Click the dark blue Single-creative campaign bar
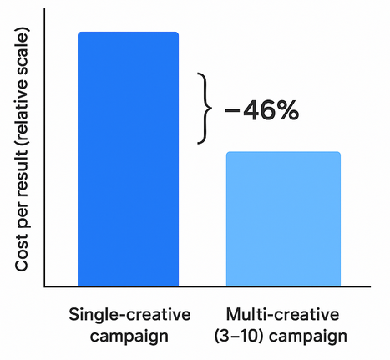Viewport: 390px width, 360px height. [x=128, y=159]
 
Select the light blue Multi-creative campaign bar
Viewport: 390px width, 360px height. [x=283, y=219]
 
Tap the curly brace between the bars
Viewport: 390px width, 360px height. [x=201, y=109]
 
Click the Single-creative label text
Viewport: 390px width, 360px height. [x=129, y=316]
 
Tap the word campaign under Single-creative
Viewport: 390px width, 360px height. [x=129, y=337]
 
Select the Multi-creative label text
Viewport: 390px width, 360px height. [x=284, y=316]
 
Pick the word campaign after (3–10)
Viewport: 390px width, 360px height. [x=309, y=337]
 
